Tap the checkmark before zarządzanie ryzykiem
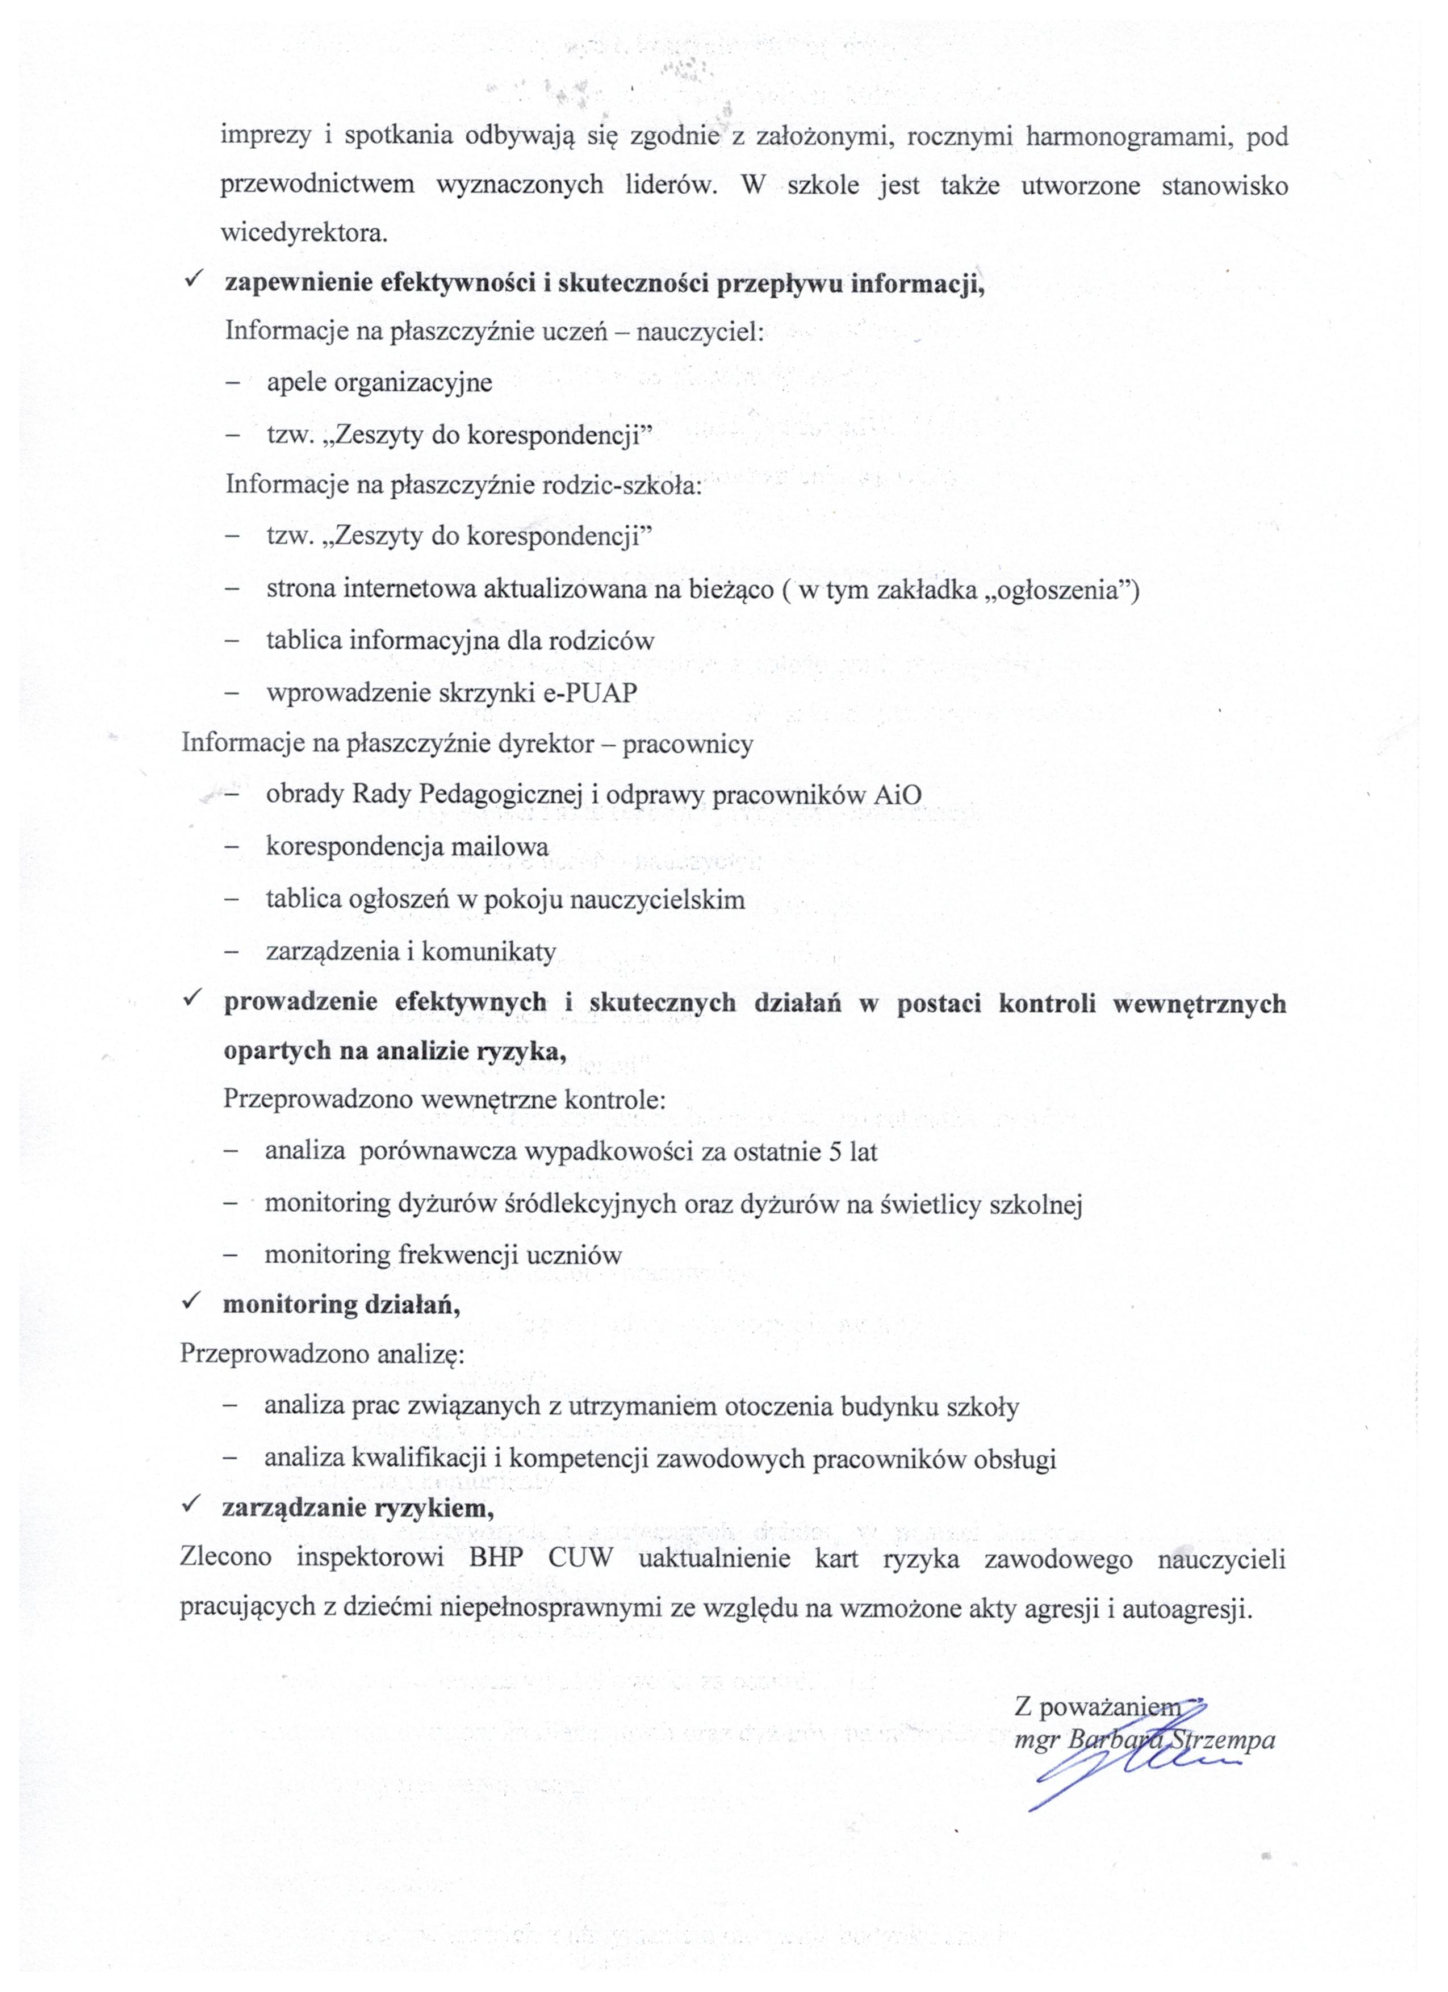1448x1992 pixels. coord(191,1506)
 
